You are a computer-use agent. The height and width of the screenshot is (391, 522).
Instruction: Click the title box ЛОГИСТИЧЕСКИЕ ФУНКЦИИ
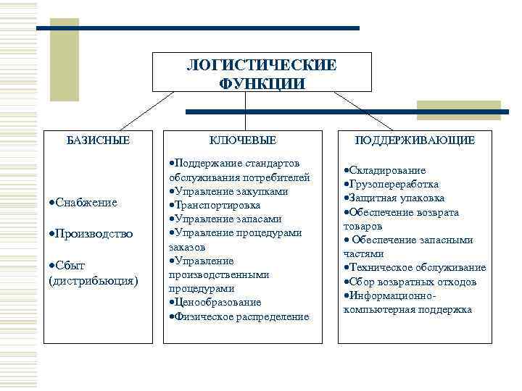[262, 73]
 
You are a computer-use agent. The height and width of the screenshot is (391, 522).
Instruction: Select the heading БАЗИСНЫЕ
[98, 140]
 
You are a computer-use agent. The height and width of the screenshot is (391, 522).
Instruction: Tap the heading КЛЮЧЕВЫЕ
[243, 140]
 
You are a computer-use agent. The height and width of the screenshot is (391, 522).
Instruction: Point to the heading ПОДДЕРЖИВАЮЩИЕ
[414, 140]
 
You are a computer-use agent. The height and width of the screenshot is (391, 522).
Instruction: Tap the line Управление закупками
[231, 191]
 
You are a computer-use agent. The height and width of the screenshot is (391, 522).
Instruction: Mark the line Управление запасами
[228, 219]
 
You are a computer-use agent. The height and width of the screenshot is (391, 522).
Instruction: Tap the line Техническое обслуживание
[416, 268]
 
